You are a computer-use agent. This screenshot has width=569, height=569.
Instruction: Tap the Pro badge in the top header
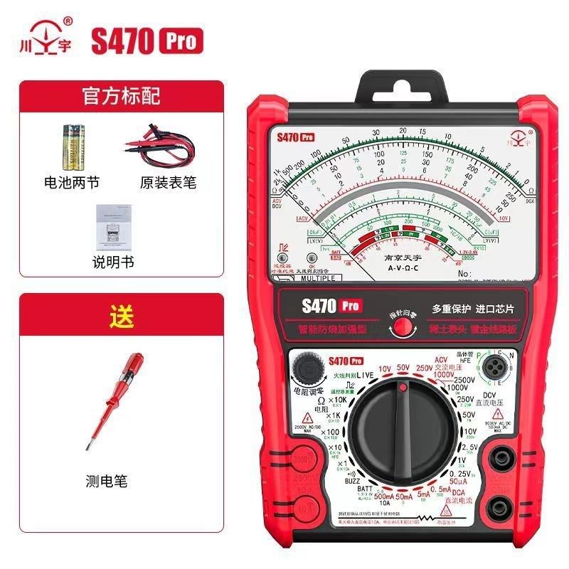(181, 41)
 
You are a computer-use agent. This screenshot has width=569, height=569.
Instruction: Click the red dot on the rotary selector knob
(403, 388)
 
